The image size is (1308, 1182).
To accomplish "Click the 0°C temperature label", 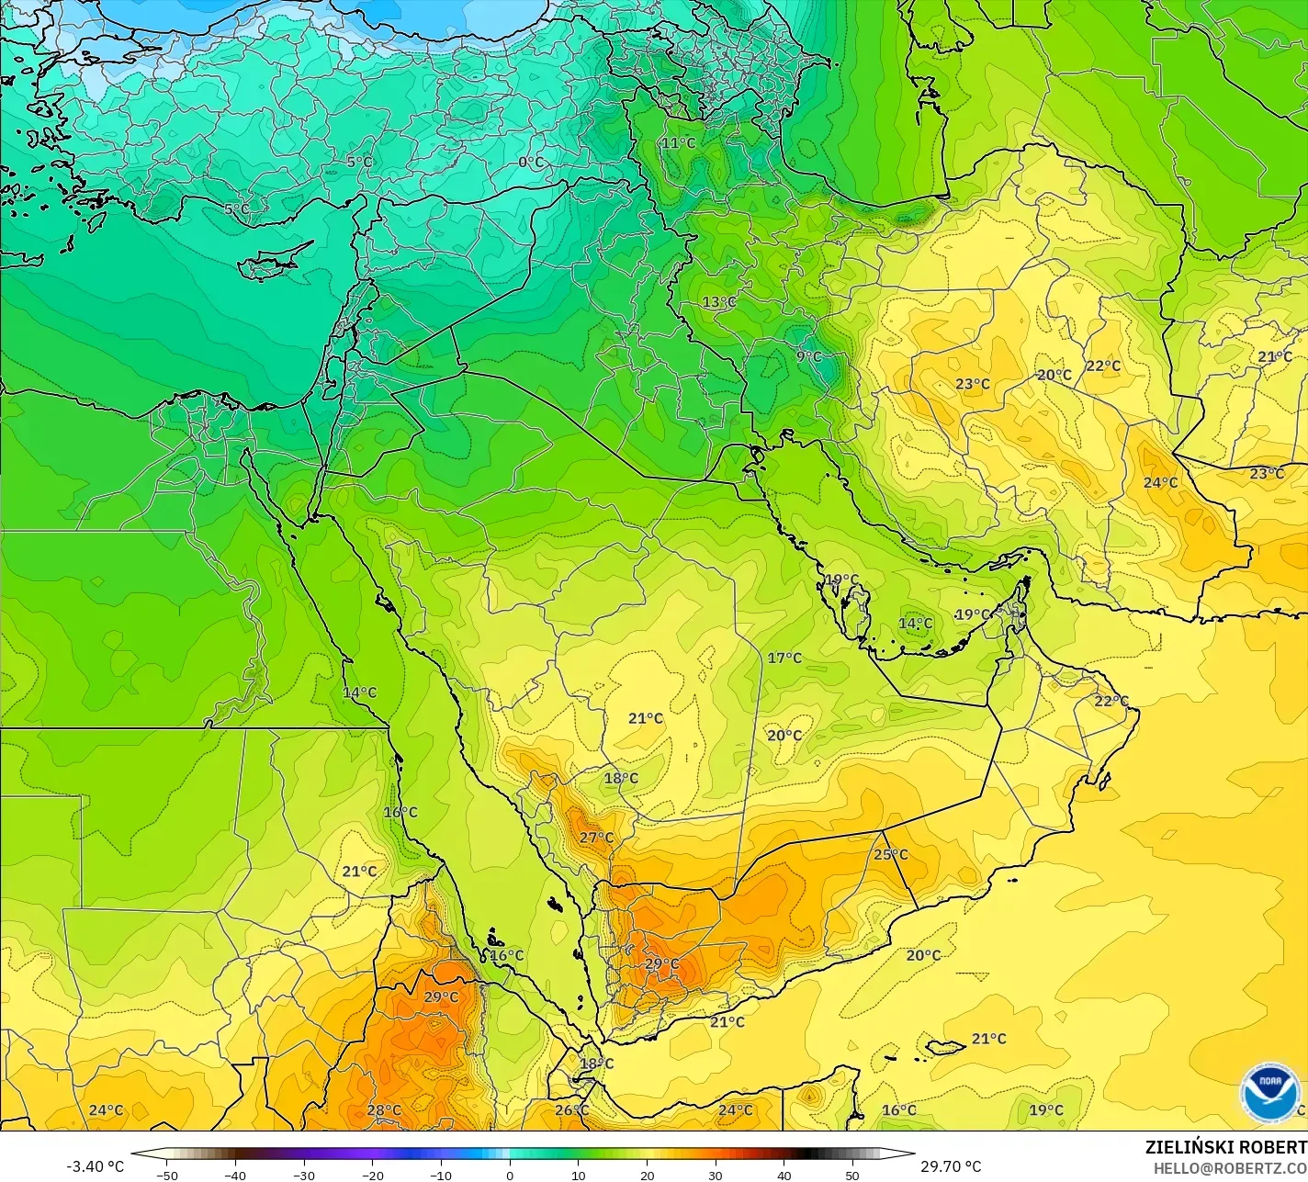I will click(x=531, y=163).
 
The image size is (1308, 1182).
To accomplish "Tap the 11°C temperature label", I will click(x=678, y=143).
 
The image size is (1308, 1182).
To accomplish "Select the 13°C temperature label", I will click(x=719, y=302).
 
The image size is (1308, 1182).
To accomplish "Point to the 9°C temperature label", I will click(x=808, y=356).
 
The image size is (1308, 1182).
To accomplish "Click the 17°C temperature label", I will click(x=784, y=658).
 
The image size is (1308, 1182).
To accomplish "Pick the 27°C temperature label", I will click(x=596, y=838).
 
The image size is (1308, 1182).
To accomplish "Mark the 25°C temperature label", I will click(x=890, y=854).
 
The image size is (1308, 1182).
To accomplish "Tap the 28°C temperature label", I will click(x=384, y=1109).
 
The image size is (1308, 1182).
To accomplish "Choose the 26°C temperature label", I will click(x=571, y=1109).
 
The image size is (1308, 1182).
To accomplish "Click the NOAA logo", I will click(x=1269, y=1093).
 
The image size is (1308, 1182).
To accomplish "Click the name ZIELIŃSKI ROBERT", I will click(x=1225, y=1147).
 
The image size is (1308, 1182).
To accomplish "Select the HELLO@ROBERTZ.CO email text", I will click(x=1230, y=1167).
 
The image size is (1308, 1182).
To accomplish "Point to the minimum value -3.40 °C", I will click(x=95, y=1166).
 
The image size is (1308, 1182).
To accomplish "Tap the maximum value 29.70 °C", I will click(x=950, y=1166).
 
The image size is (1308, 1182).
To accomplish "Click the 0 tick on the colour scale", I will click(x=510, y=1175).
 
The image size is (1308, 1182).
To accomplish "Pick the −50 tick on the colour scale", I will click(x=166, y=1175).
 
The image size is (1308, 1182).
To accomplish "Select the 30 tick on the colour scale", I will click(x=716, y=1175).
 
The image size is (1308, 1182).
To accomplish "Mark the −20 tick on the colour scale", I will click(x=372, y=1175).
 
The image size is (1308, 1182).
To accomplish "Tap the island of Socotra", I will click(x=946, y=1046).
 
